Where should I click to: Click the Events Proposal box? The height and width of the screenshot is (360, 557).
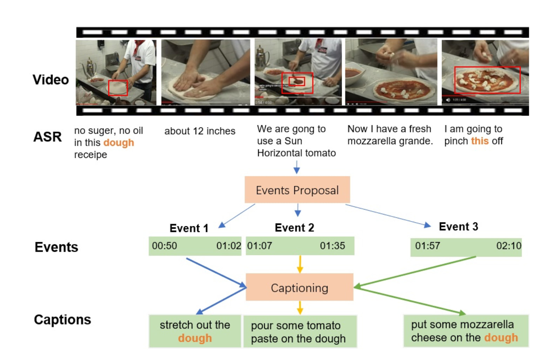(x=297, y=190)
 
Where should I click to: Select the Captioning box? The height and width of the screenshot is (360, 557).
(x=299, y=287)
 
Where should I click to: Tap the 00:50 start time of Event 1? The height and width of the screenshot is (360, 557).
(x=165, y=246)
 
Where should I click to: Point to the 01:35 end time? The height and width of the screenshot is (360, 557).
(x=332, y=246)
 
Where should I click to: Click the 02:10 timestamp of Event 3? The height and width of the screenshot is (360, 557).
(x=508, y=246)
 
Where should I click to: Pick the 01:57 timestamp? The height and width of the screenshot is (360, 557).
(x=428, y=246)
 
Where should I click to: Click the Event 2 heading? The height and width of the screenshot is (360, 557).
(x=294, y=228)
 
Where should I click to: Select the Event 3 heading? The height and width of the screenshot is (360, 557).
(x=458, y=227)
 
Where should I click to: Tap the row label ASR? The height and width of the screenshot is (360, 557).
(x=48, y=137)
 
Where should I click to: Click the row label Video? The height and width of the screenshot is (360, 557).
(x=51, y=80)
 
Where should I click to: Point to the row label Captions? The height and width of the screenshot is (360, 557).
(x=62, y=320)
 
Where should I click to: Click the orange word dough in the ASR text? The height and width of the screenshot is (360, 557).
(x=119, y=143)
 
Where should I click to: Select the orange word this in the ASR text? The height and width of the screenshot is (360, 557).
(x=480, y=141)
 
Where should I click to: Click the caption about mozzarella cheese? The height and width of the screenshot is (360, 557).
(x=464, y=331)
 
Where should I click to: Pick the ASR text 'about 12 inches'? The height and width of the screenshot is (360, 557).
(x=200, y=131)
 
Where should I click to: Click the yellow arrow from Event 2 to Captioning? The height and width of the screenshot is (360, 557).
(x=300, y=264)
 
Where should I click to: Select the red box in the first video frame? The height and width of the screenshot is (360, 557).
(x=118, y=88)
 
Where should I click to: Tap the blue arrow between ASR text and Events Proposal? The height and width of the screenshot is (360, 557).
(x=297, y=167)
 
